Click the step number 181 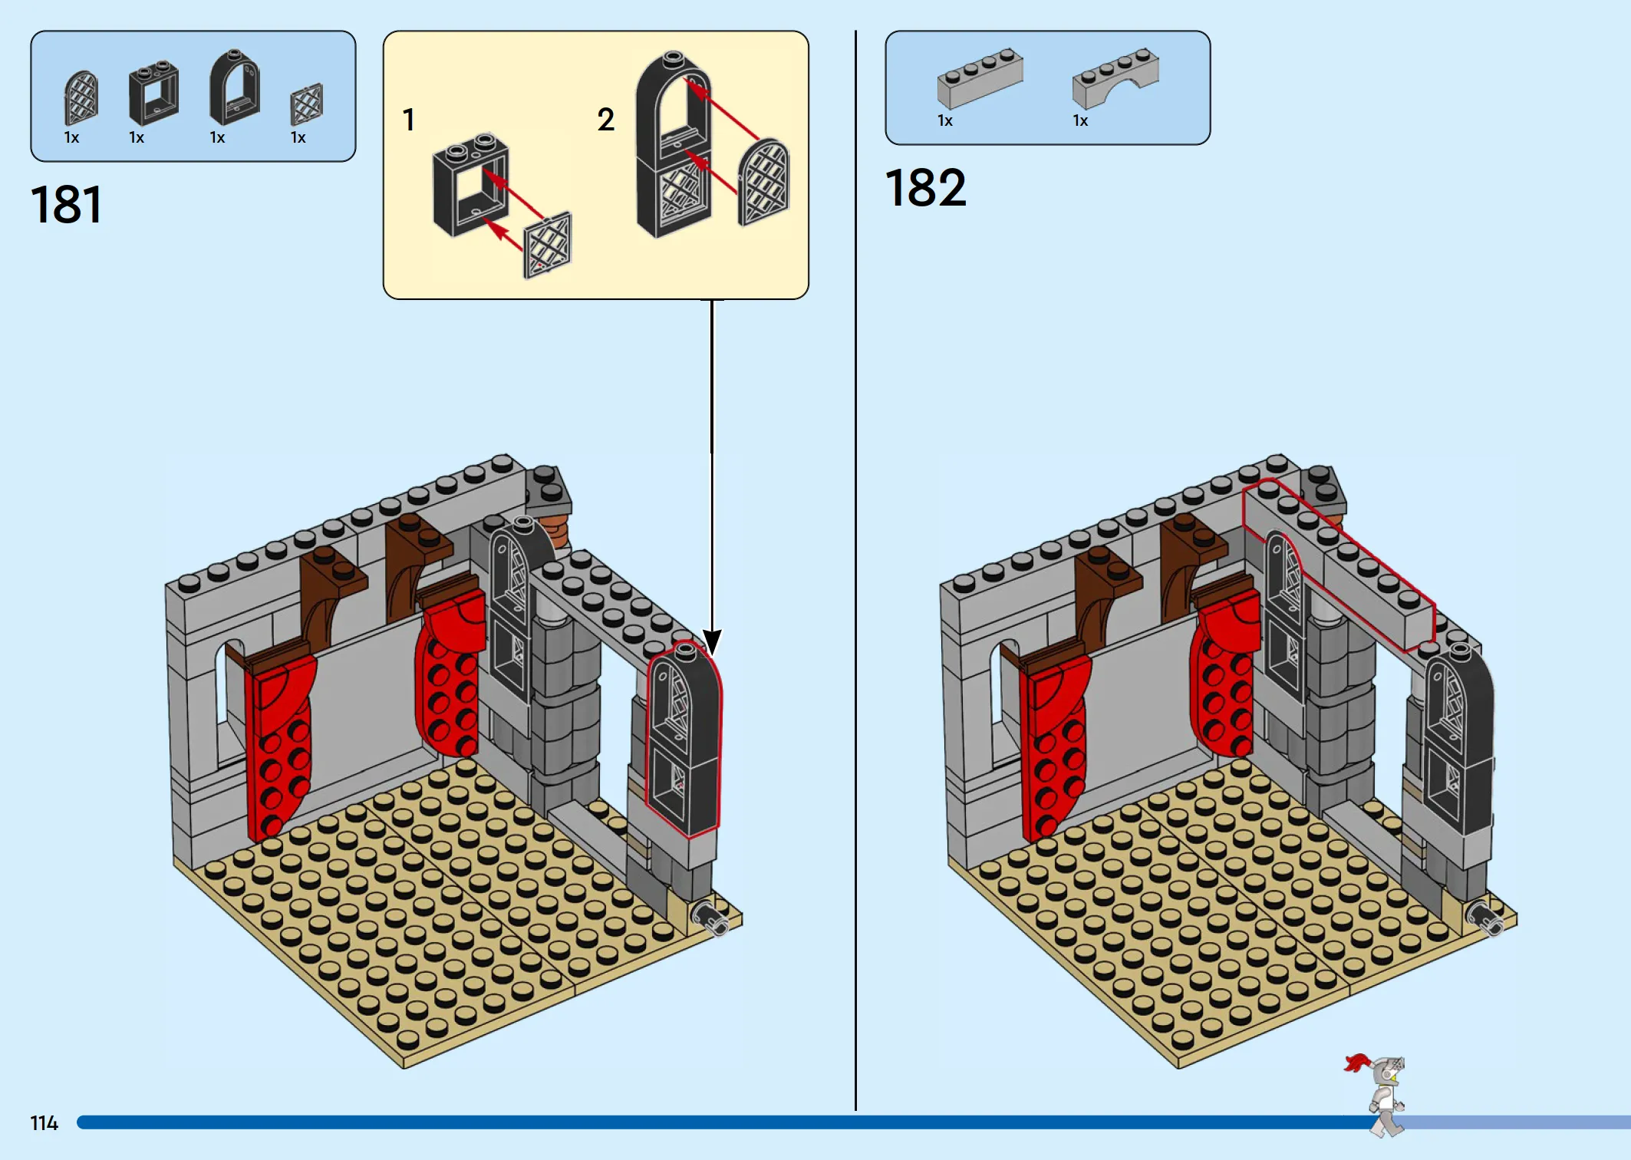[66, 205]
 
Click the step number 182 [926, 188]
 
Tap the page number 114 [44, 1123]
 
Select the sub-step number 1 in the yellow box [409, 120]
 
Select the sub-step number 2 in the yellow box [606, 120]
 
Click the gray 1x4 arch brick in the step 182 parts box [1115, 78]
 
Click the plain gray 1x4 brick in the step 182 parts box [980, 78]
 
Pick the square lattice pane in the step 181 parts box [307, 104]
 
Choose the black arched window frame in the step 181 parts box [235, 87]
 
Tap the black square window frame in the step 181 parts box [153, 93]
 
